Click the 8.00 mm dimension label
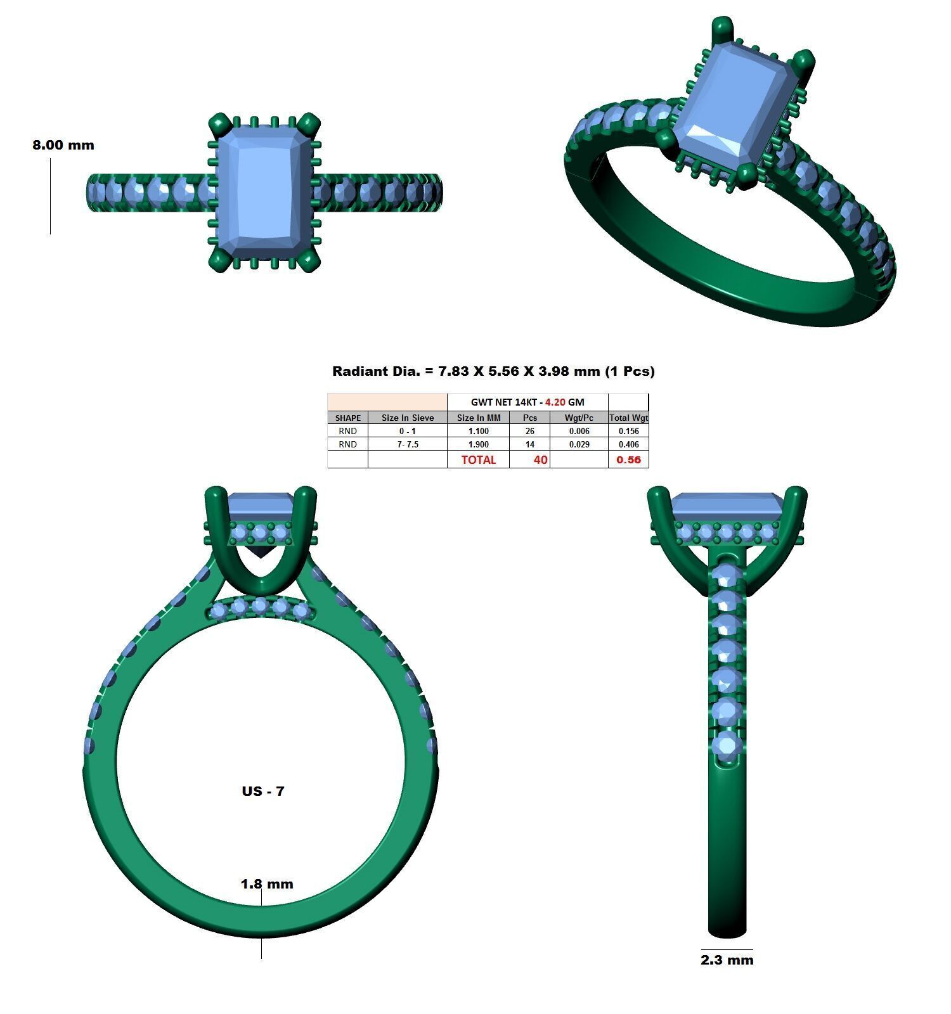click(63, 145)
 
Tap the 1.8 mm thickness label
click(267, 883)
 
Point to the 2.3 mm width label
click(727, 960)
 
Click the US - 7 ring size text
click(262, 791)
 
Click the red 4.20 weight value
click(555, 402)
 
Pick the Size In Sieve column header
click(408, 418)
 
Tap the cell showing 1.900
click(478, 444)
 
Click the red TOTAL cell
click(478, 459)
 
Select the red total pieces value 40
click(540, 459)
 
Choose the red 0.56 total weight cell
click(628, 459)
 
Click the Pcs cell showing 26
click(529, 431)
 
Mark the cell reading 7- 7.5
click(408, 444)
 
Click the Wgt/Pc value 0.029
click(579, 444)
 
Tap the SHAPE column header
click(347, 418)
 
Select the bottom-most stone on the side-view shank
click(727, 746)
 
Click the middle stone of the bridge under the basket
click(259, 606)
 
